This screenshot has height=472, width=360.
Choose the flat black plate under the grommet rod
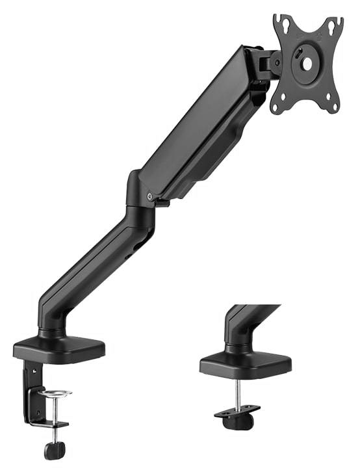(x=238, y=411)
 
